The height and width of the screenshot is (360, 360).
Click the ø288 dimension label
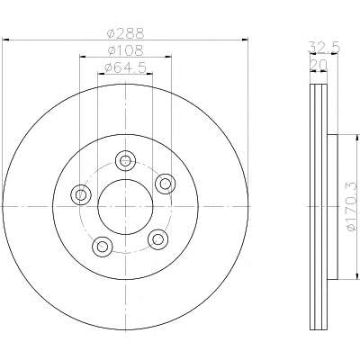pos(126,33)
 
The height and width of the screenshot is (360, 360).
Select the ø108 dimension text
pos(125,50)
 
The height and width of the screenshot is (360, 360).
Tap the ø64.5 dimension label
pos(125,67)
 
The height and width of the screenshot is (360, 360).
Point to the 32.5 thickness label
pos(324,48)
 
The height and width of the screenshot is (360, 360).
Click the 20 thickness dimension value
pos(318,65)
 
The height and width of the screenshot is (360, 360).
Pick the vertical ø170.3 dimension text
pos(352,207)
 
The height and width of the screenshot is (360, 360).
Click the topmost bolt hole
pos(125,161)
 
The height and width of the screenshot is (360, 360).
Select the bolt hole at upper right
pos(166,184)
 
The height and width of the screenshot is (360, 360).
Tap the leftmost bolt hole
pos(80,195)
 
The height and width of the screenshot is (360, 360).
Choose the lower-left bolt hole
pos(103,247)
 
